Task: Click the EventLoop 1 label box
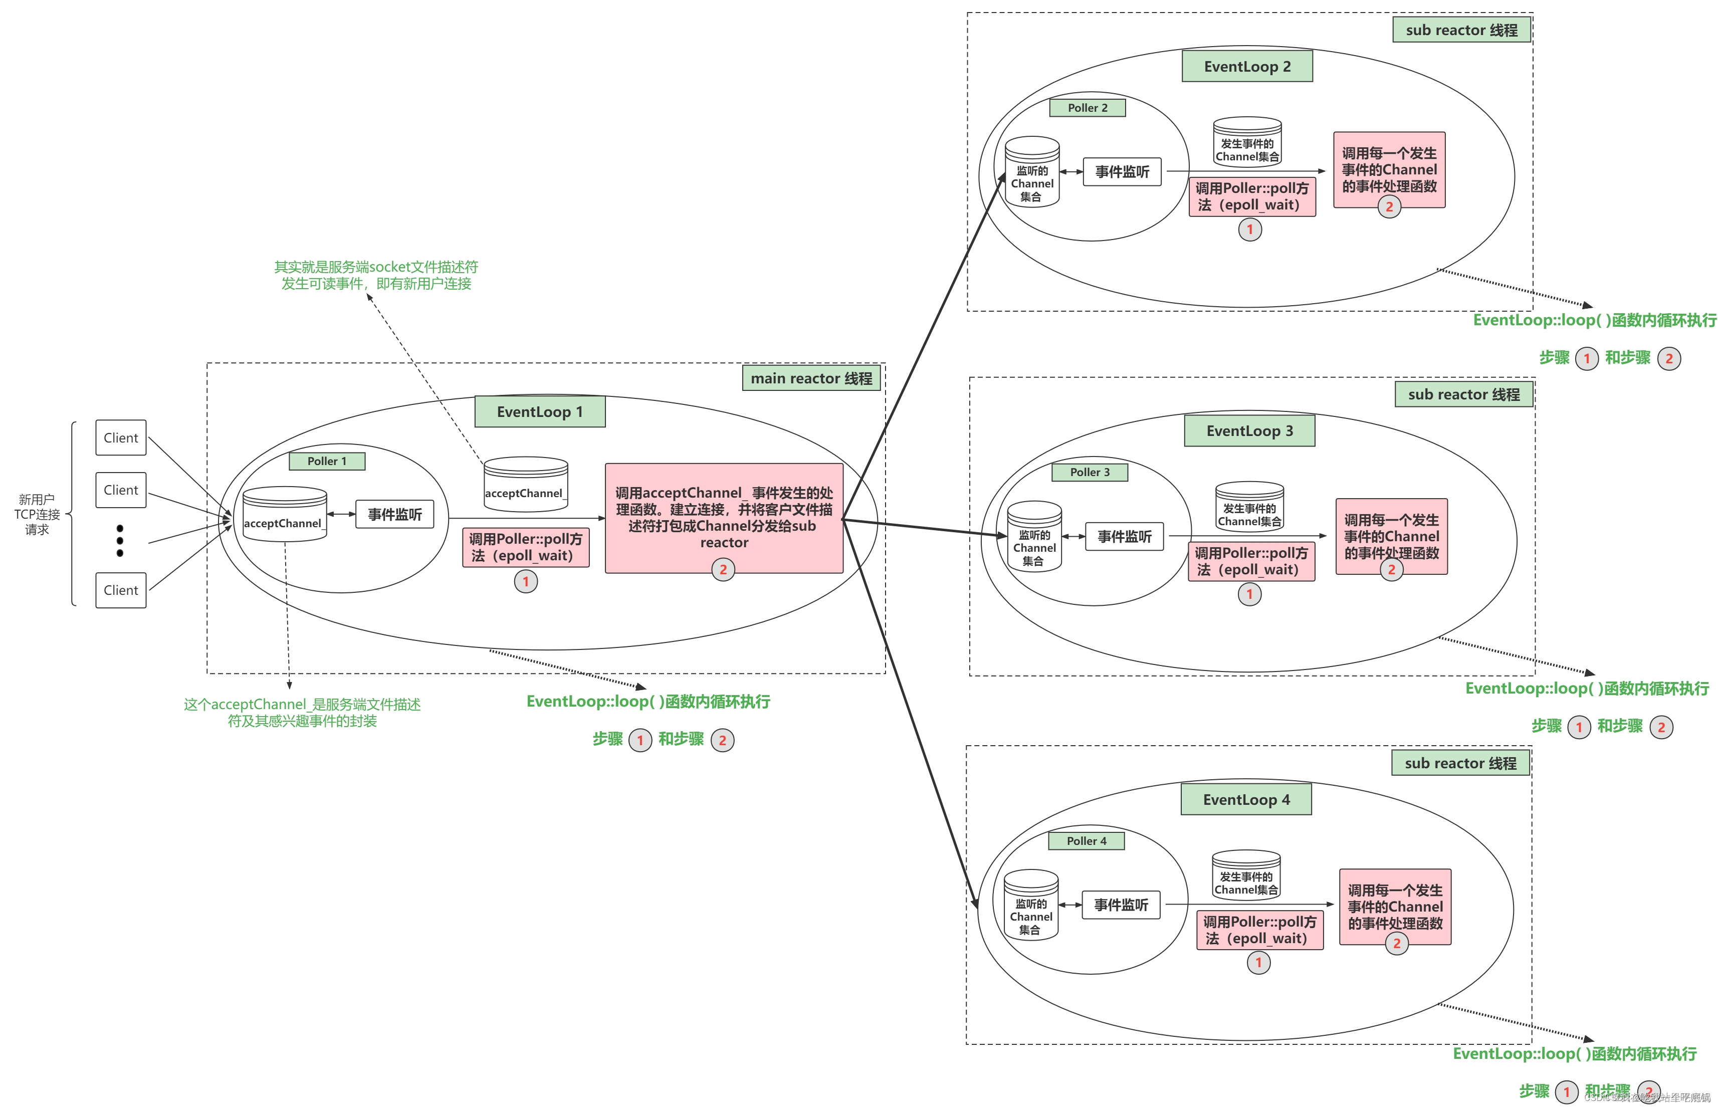pyautogui.click(x=539, y=412)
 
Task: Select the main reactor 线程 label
pyautogui.click(x=811, y=378)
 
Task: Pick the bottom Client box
pyautogui.click(x=121, y=590)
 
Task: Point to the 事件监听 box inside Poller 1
pyautogui.click(x=394, y=515)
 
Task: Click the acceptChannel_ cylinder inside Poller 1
pyautogui.click(x=284, y=514)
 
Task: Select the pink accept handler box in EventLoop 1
pyautogui.click(x=723, y=518)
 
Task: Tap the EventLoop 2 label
pyautogui.click(x=1246, y=67)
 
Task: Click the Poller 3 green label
pyautogui.click(x=1089, y=472)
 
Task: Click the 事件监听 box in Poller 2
pyautogui.click(x=1122, y=172)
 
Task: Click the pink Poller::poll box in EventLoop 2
pyautogui.click(x=1251, y=197)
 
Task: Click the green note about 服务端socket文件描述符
pyautogui.click(x=376, y=275)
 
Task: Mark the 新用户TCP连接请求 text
pyautogui.click(x=37, y=514)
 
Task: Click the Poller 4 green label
pyautogui.click(x=1086, y=841)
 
